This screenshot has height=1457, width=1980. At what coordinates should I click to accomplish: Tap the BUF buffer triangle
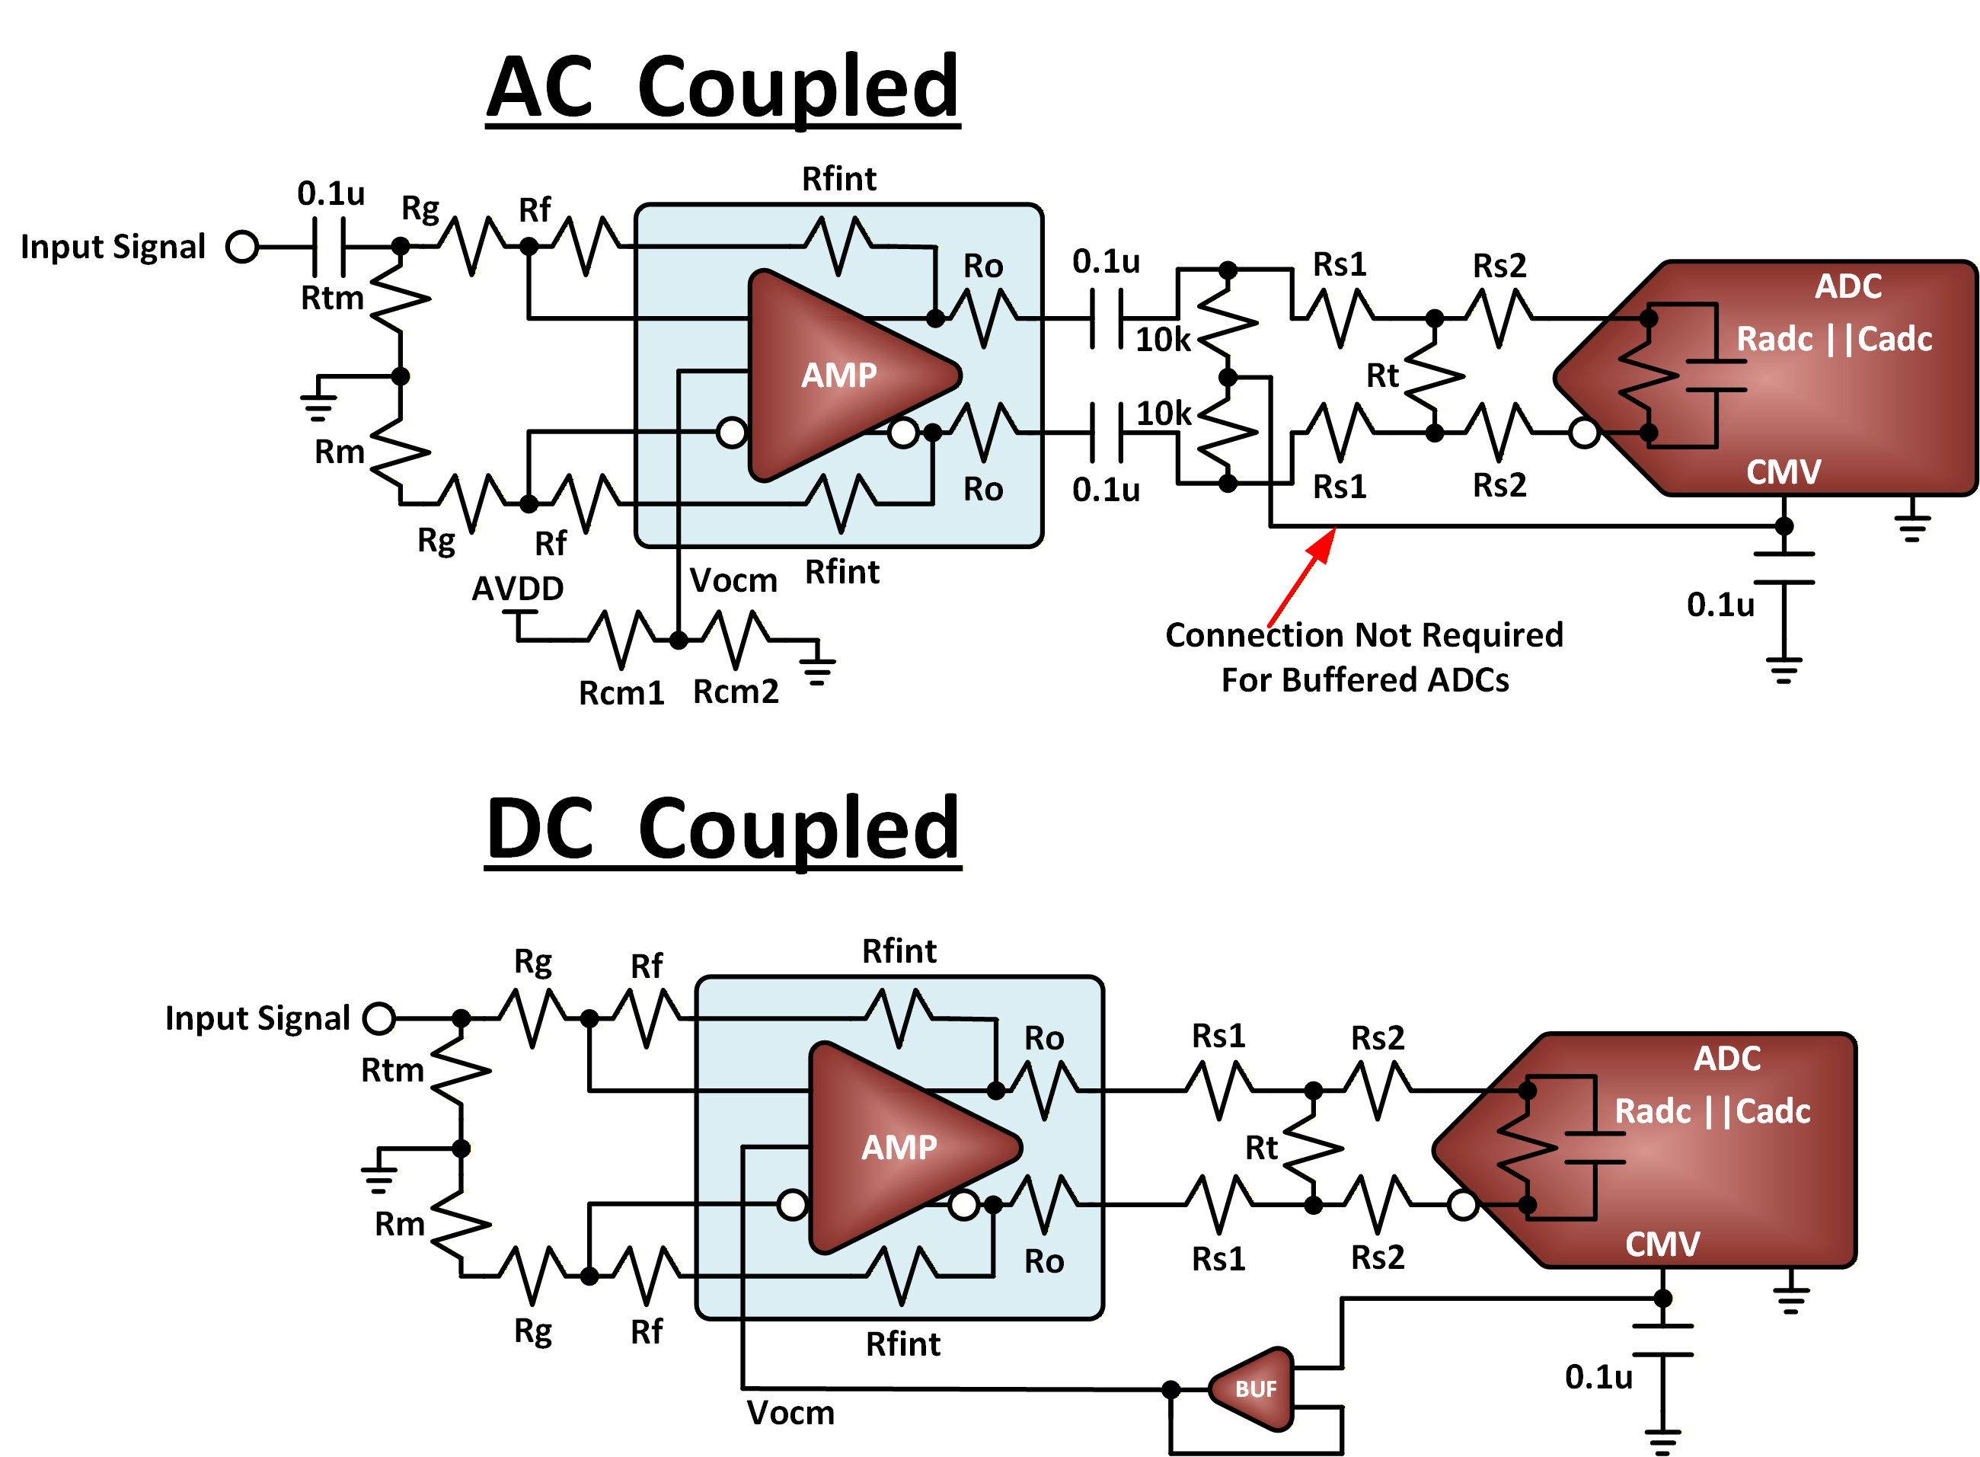point(1253,1388)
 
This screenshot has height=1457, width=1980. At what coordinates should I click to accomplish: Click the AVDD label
point(518,588)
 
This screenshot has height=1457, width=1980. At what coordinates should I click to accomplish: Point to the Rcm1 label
point(621,693)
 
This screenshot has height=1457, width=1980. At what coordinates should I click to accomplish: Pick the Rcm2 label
point(736,692)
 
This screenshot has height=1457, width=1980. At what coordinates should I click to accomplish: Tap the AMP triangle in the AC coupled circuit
point(842,375)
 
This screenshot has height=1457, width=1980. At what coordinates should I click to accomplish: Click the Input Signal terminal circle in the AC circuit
point(241,247)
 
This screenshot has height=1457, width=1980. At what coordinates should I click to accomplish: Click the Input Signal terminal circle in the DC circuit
point(379,1018)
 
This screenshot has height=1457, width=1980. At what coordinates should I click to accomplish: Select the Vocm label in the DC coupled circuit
point(790,1413)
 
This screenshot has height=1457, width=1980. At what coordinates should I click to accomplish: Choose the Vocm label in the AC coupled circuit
point(733,580)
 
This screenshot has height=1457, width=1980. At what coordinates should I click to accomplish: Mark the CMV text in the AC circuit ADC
point(1783,472)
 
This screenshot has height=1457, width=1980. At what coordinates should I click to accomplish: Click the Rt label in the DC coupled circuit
point(1260,1149)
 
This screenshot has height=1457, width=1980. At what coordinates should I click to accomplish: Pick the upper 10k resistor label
point(1161,340)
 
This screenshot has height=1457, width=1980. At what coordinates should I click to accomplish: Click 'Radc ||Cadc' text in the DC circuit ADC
point(1712,1111)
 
